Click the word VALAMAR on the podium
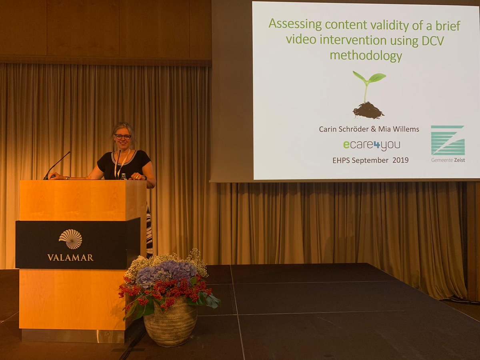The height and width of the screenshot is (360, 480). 70,257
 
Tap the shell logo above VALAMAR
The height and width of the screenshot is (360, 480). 70,239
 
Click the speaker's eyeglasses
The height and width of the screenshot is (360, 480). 123,137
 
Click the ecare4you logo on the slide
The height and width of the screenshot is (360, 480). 372,145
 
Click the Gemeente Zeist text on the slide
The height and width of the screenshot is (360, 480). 448,160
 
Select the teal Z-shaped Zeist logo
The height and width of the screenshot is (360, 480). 448,140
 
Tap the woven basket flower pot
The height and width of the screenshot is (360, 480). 170,322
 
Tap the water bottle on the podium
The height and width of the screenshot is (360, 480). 124,176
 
